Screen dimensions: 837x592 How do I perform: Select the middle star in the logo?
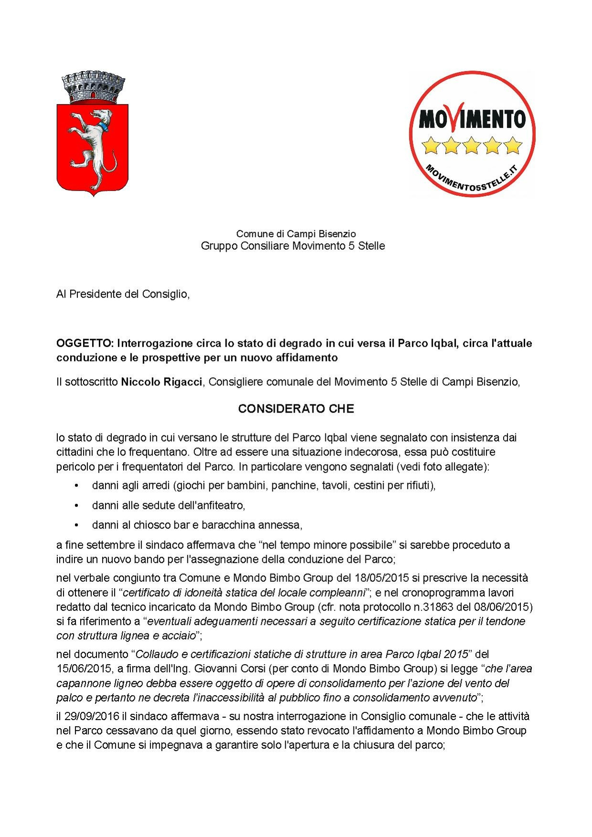(x=472, y=145)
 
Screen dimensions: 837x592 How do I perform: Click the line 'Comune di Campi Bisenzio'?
(x=296, y=233)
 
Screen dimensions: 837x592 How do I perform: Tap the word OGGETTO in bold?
(x=85, y=343)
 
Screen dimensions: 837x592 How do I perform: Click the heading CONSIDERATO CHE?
(x=296, y=409)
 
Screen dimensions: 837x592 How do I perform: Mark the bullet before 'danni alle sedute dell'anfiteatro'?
(x=76, y=505)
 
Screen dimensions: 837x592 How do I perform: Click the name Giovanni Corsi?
(x=229, y=668)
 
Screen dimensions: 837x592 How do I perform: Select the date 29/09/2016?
(x=93, y=716)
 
